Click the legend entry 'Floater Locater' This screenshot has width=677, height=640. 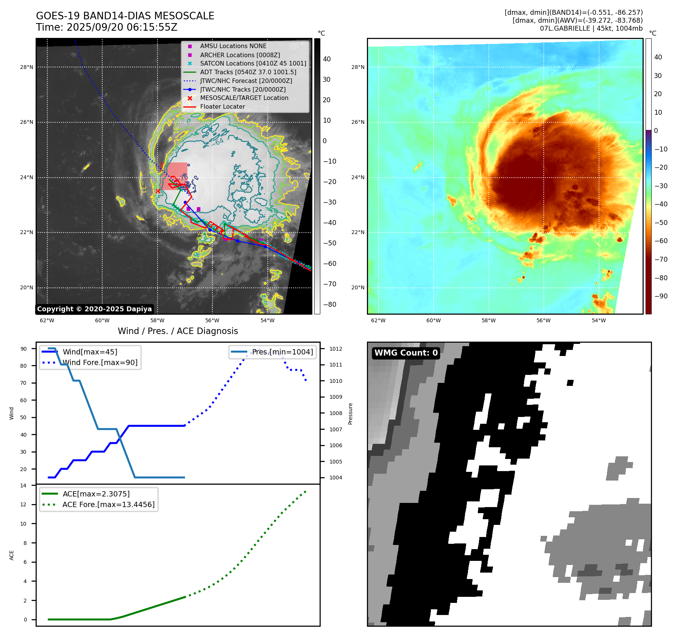pos(222,107)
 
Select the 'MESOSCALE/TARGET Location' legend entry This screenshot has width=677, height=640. pos(244,98)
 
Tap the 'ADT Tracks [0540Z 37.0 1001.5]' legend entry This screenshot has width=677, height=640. pos(248,72)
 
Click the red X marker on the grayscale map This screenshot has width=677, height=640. pos(158,191)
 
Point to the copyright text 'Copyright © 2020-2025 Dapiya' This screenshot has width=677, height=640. pos(94,309)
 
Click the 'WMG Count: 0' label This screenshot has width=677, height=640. pos(406,353)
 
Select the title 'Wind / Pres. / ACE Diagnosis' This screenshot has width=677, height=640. pos(178,331)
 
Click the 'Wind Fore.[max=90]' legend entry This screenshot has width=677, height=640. pos(100,363)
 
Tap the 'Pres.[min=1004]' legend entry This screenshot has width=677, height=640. pos(282,352)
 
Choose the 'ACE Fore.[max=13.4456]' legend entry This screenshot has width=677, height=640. pos(108,505)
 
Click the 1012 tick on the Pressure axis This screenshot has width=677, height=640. pos(335,349)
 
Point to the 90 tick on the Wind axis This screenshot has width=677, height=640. pos(23,349)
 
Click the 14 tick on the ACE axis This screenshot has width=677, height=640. pos(23,485)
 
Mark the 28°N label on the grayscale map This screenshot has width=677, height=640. pos(27,67)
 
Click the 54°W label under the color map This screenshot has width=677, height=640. pos(599,321)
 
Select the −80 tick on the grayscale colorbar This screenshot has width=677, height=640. pos(329,304)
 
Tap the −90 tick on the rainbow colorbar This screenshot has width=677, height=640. pos(661,296)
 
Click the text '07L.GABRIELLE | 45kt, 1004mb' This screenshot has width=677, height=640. pos(591,28)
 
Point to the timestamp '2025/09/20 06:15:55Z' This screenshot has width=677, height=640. pos(122,27)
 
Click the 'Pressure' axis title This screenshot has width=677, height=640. pos(350,414)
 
